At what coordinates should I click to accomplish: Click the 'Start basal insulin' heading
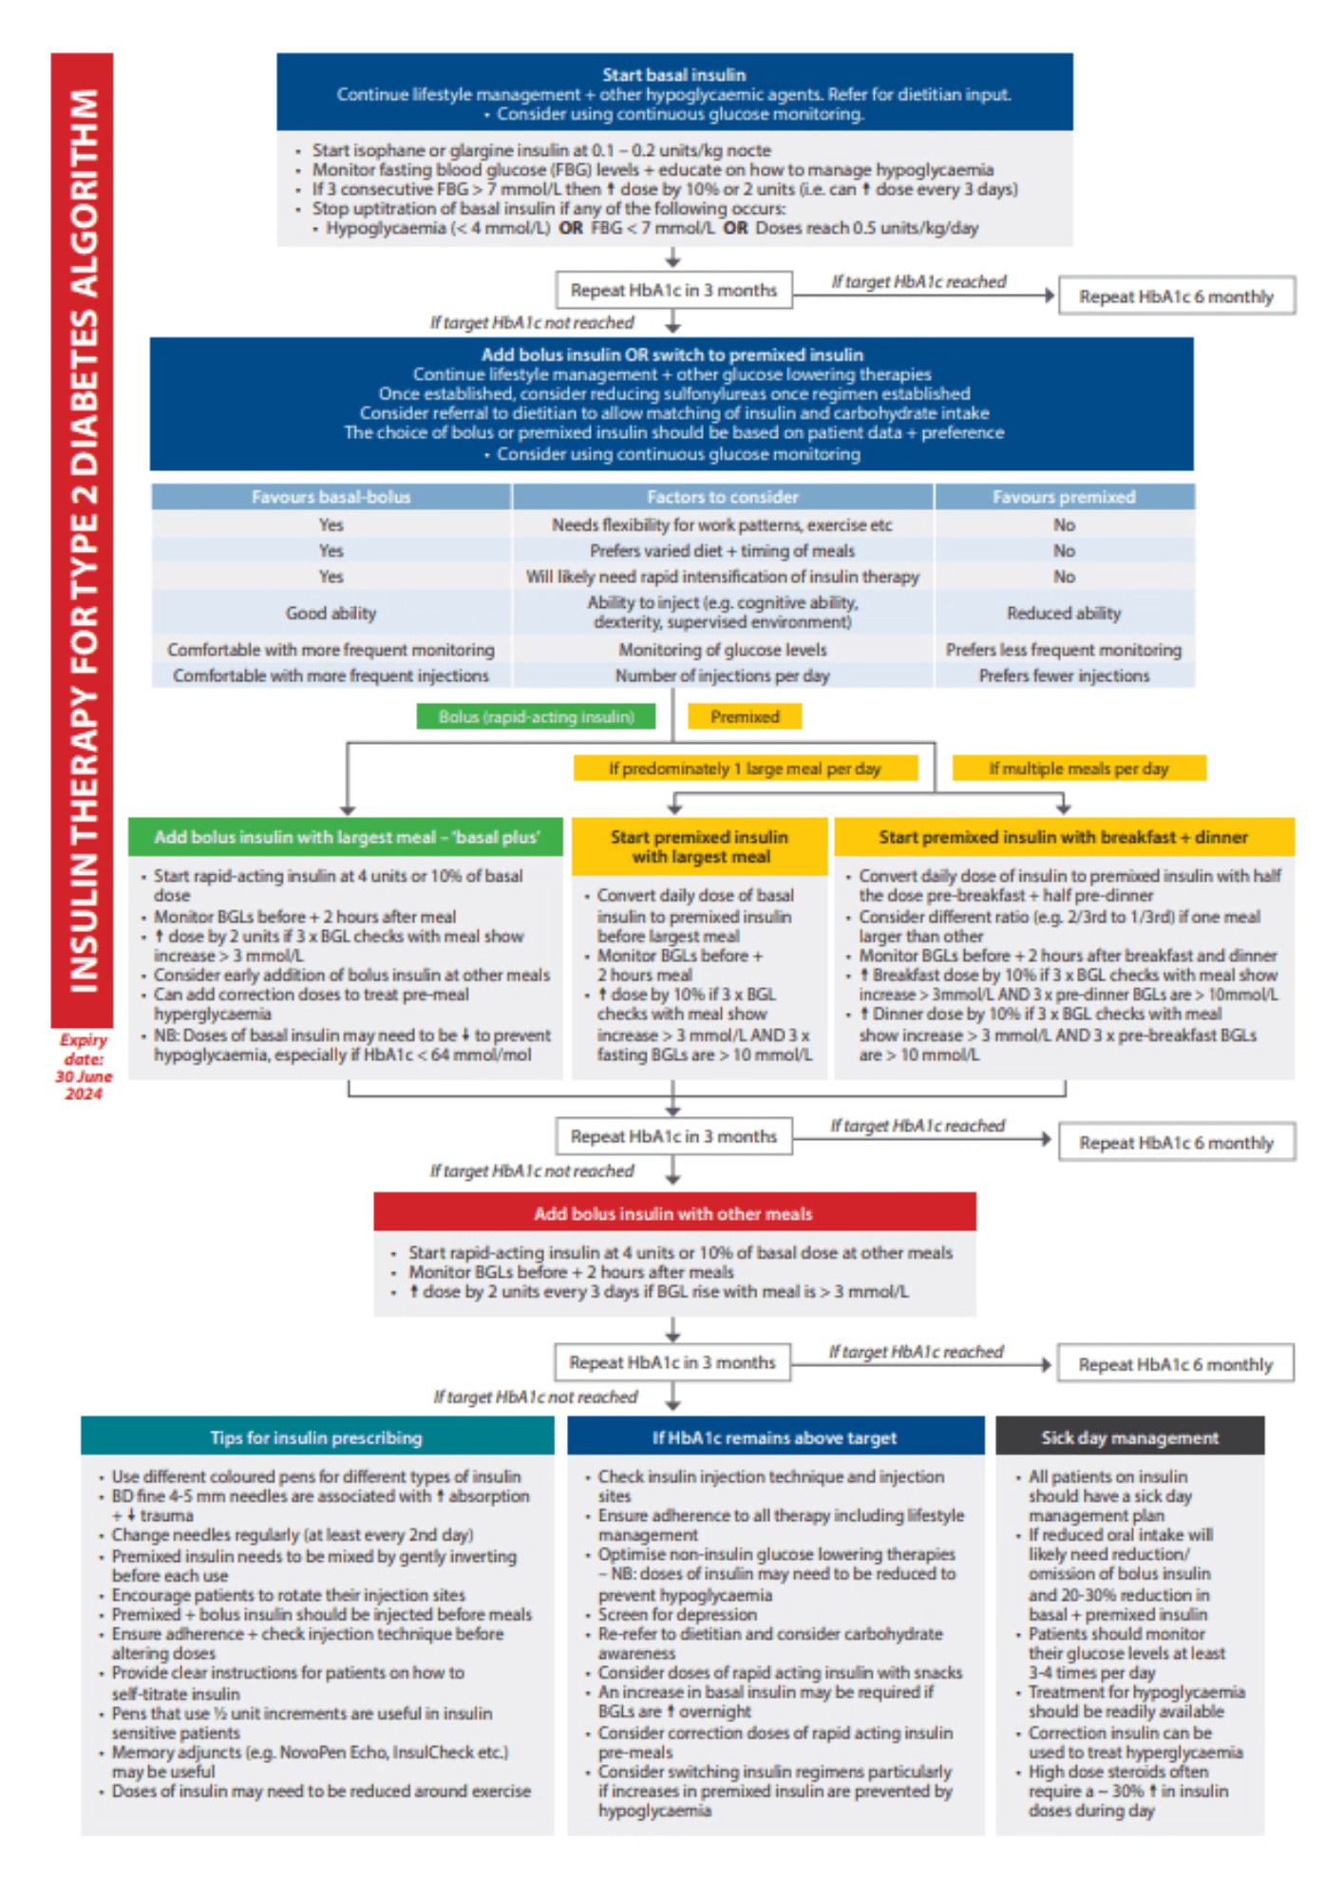tap(673, 75)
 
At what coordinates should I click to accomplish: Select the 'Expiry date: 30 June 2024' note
tap(84, 1066)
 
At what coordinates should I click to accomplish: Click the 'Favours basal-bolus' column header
tap(331, 497)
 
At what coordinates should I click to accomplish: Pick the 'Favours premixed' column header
tap(1064, 497)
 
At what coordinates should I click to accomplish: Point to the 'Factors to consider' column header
tap(722, 497)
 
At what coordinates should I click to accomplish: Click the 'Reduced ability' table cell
tap(1064, 614)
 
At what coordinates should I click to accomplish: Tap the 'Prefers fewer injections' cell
tap(1064, 675)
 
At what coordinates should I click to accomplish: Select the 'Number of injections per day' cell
tap(722, 675)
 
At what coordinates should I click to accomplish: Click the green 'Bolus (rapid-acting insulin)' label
tap(536, 717)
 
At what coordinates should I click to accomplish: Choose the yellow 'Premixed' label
tap(745, 717)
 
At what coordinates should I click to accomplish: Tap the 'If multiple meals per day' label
tap(1079, 769)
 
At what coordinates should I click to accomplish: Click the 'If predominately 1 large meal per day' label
tap(745, 769)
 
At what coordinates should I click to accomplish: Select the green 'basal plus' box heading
tap(347, 837)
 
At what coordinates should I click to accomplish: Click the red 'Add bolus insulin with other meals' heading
tap(673, 1213)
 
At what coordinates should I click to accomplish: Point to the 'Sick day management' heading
tap(1129, 1437)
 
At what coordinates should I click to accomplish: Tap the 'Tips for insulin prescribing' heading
tap(316, 1437)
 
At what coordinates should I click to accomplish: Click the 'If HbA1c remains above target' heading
tap(774, 1437)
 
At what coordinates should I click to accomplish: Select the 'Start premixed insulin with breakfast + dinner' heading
tap(1063, 837)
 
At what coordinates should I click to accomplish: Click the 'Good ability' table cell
tap(331, 614)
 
